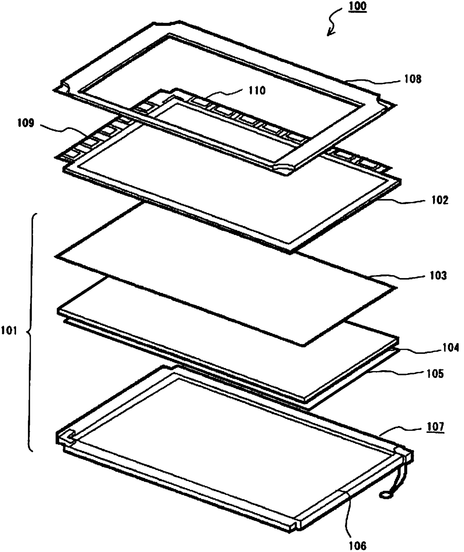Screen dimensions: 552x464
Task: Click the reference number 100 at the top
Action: pos(357,7)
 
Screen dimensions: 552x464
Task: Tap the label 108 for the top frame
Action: pos(413,79)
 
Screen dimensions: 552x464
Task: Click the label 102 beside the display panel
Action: pos(439,200)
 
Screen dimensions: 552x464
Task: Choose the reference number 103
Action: pos(437,276)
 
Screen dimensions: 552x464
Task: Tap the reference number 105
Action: pos(436,374)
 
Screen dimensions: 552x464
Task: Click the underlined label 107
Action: pos(435,427)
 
